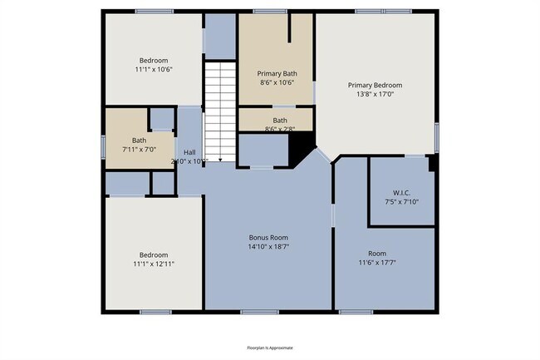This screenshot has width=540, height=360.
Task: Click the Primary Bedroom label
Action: tap(375, 85)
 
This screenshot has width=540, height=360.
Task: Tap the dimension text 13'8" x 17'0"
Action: tap(375, 94)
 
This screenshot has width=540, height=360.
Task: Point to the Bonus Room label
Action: tap(268, 237)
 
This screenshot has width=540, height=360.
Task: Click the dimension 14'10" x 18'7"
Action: tap(268, 246)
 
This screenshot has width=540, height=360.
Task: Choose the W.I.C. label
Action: tap(401, 193)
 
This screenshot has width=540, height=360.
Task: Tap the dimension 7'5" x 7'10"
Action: tap(401, 202)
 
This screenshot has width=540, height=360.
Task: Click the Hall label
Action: tap(189, 152)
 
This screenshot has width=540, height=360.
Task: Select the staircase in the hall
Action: tap(221, 108)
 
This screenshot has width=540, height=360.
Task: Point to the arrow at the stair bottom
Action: tap(221, 158)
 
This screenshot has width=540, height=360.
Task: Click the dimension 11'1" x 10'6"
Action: tap(154, 70)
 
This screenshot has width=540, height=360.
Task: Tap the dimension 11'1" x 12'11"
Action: tap(154, 264)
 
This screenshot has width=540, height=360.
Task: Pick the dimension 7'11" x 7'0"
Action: tap(139, 149)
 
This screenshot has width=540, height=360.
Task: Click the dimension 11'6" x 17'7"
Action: tap(377, 263)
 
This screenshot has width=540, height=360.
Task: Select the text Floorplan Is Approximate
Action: tap(270, 348)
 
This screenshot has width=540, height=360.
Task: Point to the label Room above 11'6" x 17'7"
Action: tap(377, 254)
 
